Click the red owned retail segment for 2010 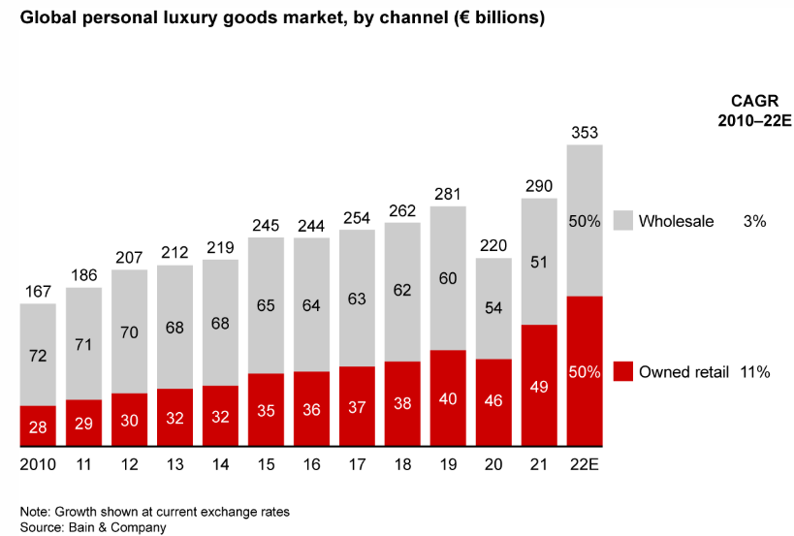[38, 426]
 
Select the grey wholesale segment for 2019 [448, 278]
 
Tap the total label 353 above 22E [585, 133]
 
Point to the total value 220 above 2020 [493, 246]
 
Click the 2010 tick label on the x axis [38, 465]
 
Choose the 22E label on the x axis [585, 465]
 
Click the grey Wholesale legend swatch [622, 221]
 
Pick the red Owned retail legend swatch [622, 372]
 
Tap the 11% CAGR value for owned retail [754, 372]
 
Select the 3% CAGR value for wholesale [754, 221]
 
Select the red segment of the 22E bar [585, 371]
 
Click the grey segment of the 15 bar [266, 304]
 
